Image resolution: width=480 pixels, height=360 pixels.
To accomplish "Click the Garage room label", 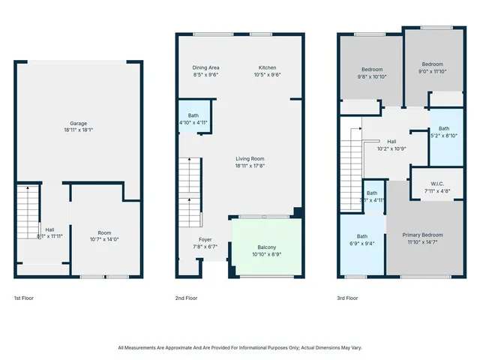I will [79, 123].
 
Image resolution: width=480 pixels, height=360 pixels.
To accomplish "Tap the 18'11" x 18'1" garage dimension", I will [79, 130].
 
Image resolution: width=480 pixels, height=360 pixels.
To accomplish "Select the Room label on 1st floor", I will [104, 232].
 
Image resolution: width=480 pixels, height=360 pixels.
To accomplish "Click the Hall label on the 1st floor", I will [49, 229].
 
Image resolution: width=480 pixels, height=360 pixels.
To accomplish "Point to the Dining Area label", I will [206, 67].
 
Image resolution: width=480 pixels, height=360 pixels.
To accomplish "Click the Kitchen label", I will [267, 67].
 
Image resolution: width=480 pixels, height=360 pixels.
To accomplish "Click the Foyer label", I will [205, 239].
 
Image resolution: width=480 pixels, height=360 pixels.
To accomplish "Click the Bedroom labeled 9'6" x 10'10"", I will [371, 70].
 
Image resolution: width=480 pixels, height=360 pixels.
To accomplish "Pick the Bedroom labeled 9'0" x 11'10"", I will [432, 64].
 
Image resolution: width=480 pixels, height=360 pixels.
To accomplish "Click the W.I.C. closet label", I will [438, 184].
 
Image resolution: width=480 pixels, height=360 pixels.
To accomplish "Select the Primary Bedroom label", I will [421, 235].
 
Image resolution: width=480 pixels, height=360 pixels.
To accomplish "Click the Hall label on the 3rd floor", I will [391, 142].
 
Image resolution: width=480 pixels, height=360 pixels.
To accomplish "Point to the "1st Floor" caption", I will [23, 298].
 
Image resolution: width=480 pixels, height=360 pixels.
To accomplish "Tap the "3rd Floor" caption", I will [347, 298].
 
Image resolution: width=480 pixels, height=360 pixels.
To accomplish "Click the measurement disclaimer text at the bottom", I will [240, 347].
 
